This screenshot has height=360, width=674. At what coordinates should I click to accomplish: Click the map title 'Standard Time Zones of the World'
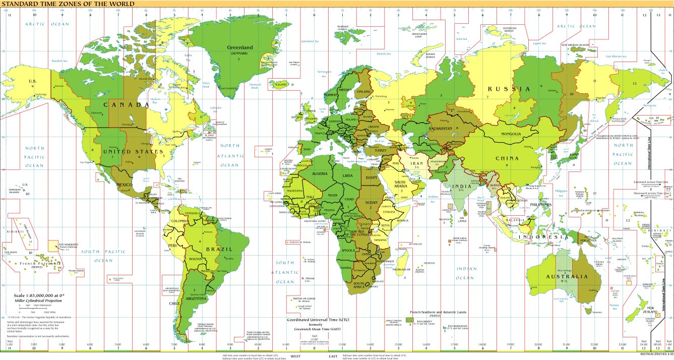coord(68,4)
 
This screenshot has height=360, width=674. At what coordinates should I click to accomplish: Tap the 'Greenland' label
coord(239,48)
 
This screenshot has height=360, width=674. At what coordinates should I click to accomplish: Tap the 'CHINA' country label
coord(507,158)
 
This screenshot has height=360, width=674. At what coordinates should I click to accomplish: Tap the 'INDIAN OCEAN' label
coord(465,273)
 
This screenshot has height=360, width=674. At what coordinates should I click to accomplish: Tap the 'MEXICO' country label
coord(124,185)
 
